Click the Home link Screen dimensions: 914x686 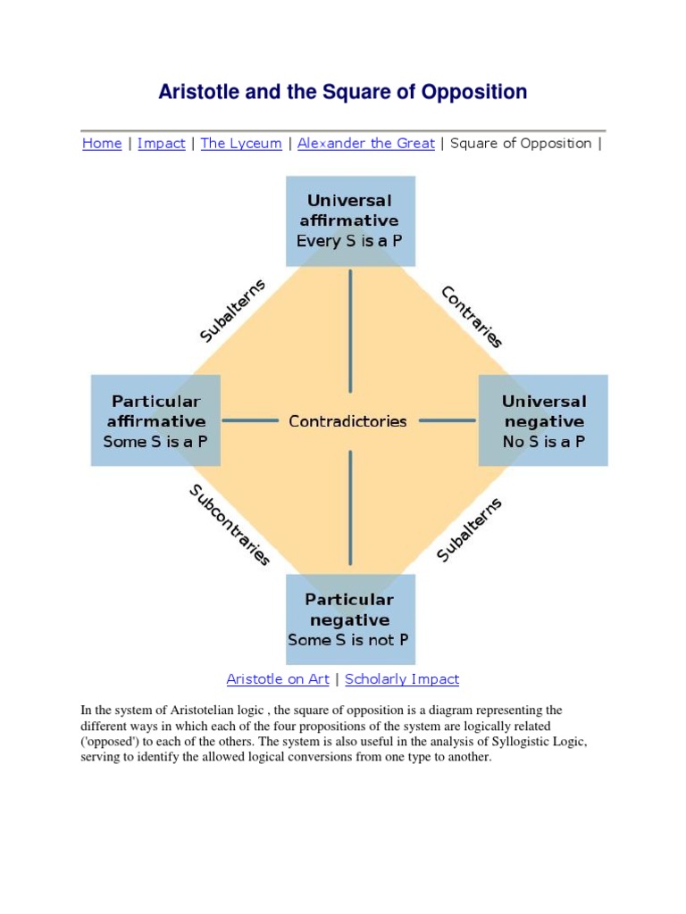(x=102, y=144)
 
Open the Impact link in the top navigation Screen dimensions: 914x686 (x=162, y=144)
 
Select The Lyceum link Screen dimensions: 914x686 (x=241, y=144)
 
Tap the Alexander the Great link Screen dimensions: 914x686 (x=366, y=144)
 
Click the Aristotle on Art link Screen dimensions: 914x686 (x=278, y=679)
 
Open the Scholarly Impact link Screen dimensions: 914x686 (x=402, y=679)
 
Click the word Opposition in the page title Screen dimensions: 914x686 (x=473, y=92)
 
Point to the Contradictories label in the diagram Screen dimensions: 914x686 (x=347, y=421)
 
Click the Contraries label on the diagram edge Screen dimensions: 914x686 (x=473, y=317)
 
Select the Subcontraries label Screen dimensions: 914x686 (x=229, y=525)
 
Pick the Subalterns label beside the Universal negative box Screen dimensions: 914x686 (x=470, y=530)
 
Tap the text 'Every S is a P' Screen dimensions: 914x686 (x=350, y=241)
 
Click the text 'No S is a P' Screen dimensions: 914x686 (x=543, y=442)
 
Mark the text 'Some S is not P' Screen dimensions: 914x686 (x=350, y=641)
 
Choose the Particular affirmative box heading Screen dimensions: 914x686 (x=155, y=411)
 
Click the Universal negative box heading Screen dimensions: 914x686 (x=543, y=411)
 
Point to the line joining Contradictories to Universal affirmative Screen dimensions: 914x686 (x=350, y=330)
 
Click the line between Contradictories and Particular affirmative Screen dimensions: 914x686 (x=250, y=420)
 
